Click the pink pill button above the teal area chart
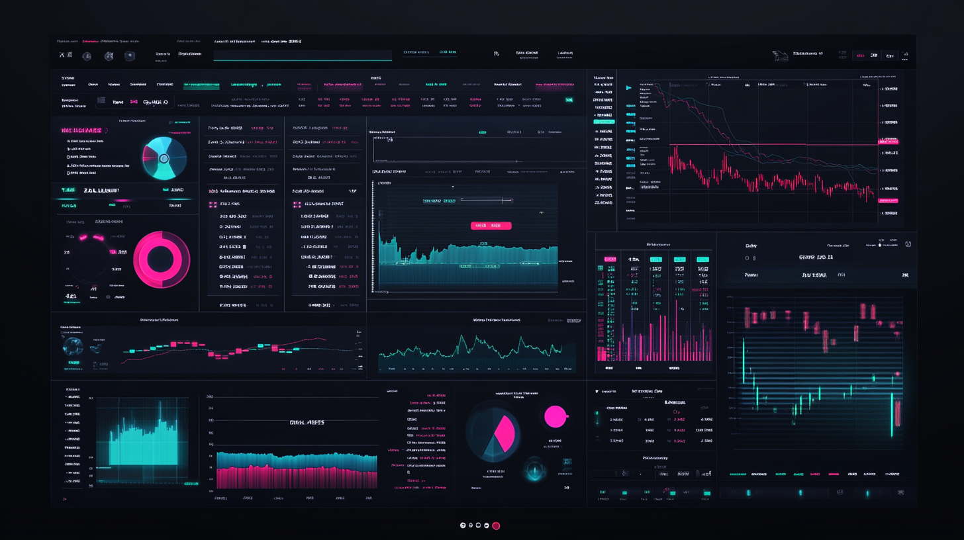click(491, 226)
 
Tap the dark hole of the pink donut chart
click(161, 259)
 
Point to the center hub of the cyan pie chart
click(164, 159)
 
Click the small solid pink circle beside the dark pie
click(555, 416)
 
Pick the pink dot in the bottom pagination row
click(496, 525)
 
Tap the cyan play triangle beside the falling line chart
click(628, 87)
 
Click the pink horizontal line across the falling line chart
click(738, 144)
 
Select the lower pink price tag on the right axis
click(888, 200)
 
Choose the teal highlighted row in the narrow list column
click(604, 122)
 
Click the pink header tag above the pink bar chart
click(608, 259)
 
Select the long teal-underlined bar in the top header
click(302, 59)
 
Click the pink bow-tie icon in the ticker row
click(134, 103)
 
